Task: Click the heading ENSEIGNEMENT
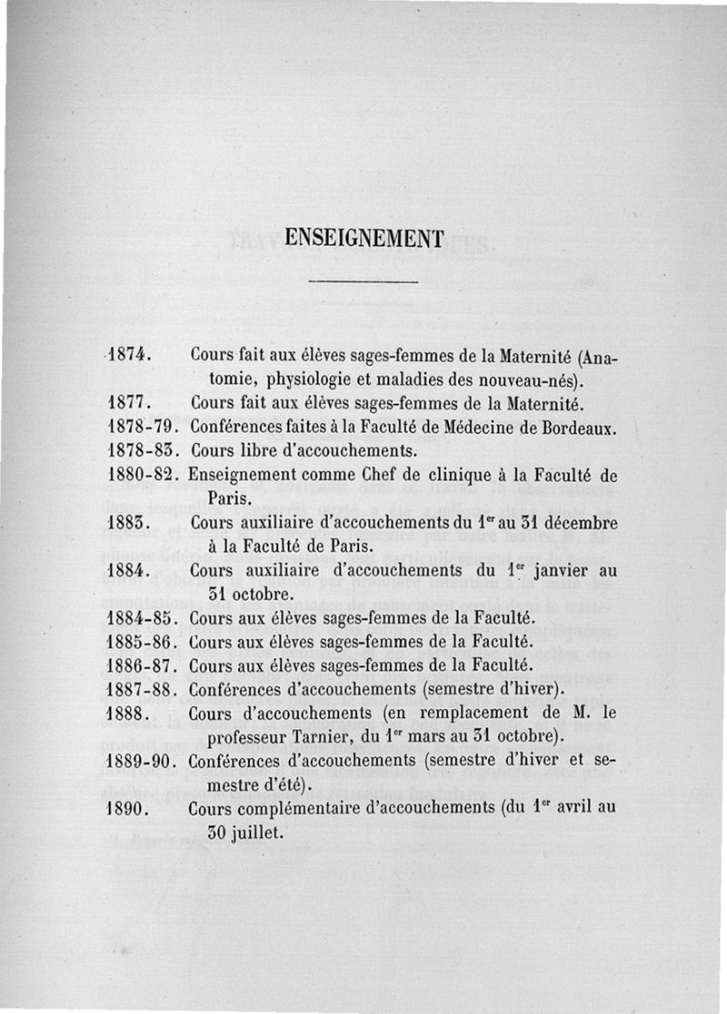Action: point(363,238)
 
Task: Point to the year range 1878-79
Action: point(141,425)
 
